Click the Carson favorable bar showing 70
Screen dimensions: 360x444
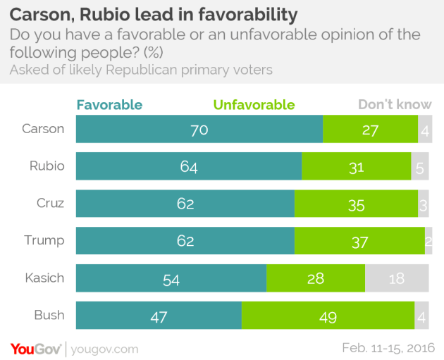click(x=199, y=129)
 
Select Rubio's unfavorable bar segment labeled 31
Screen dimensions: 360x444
click(x=356, y=166)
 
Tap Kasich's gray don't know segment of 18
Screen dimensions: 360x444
click(x=396, y=278)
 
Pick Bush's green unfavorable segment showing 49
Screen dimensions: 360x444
click(x=328, y=316)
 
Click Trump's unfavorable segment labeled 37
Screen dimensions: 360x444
click(x=359, y=240)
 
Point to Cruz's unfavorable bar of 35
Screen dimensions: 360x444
click(x=356, y=204)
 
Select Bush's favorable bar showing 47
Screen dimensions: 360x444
click(x=159, y=316)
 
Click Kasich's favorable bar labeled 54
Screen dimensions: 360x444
click(x=171, y=278)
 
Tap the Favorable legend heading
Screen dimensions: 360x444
click(x=109, y=105)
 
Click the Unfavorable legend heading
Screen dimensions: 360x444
click(x=254, y=105)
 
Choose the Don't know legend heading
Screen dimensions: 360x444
click(x=394, y=105)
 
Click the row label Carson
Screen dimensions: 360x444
click(x=43, y=129)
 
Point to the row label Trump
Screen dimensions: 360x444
click(x=44, y=240)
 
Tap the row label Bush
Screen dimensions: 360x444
click(x=49, y=316)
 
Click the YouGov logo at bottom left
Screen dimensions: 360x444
click(x=35, y=348)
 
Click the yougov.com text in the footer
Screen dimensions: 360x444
click(x=104, y=349)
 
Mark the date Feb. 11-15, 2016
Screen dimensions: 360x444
click(x=388, y=348)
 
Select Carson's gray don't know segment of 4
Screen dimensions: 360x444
click(x=424, y=129)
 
